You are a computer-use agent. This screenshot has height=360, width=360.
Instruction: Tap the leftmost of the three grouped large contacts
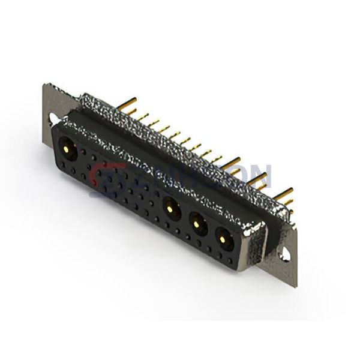tap(170, 207)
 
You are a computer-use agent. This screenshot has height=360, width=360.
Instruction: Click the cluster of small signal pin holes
tap(120, 186)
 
